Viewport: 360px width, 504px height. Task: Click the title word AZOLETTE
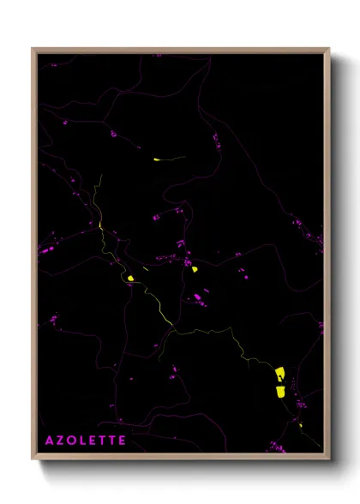tap(86, 441)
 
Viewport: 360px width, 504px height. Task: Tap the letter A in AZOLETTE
tap(49, 441)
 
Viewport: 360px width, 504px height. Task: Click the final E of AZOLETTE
tap(122, 441)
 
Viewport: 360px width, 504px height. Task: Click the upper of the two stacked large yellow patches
tap(279, 373)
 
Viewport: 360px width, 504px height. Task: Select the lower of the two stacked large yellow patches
tap(279, 391)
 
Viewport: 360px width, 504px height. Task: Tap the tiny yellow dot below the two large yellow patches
tap(300, 423)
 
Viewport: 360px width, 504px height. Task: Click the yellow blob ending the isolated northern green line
tap(157, 159)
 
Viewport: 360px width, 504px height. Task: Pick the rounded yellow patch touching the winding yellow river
tap(129, 278)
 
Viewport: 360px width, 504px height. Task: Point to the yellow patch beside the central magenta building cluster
tap(195, 269)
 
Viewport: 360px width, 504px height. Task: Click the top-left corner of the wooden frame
tap(33, 49)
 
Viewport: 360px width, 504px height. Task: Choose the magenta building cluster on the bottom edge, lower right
tap(275, 446)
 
